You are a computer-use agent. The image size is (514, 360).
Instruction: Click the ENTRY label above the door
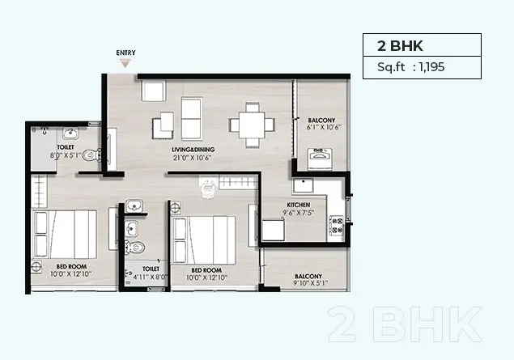pos(125,53)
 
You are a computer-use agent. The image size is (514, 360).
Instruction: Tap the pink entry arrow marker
pos(125,63)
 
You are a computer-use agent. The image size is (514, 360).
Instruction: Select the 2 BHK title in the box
pos(400,46)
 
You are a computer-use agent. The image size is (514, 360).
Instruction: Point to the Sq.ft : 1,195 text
pos(410,67)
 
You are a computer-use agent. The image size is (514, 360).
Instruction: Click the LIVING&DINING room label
pos(193,150)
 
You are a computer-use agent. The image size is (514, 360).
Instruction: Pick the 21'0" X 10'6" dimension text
pos(192,158)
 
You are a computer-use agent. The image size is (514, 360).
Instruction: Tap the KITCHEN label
pos(299,205)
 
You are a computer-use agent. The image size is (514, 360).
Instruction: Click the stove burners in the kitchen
pos(336,226)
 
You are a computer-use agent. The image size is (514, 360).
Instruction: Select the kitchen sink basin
pos(304,185)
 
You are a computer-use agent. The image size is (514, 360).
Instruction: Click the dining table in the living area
pos(252,125)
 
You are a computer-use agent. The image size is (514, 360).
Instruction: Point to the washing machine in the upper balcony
pos(320,159)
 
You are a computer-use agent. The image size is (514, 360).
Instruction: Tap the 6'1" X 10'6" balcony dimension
pos(324,127)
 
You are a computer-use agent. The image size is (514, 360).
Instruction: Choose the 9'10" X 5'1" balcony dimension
pos(311,283)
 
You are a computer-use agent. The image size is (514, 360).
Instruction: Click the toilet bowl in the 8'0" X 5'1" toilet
pos(91,155)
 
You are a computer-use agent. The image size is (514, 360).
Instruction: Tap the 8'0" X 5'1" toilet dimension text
pos(66,155)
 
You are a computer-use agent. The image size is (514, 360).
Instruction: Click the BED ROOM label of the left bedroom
pos(71,267)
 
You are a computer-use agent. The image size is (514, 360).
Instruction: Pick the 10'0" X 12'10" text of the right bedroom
pos(207,277)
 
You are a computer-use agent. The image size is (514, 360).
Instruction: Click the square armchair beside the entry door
pos(154,91)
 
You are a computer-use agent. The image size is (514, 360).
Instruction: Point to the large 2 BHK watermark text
pos(406,324)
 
